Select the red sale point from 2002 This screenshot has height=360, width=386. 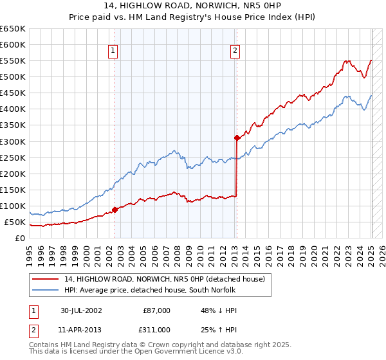(x=115, y=209)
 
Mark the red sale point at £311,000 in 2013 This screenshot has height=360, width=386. (x=237, y=138)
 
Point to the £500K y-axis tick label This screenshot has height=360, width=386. (x=14, y=77)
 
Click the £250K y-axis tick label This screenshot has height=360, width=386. (x=14, y=157)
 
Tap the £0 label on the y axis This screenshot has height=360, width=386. (x=20, y=239)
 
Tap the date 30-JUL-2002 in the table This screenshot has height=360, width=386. (x=81, y=310)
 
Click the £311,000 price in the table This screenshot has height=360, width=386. (x=156, y=330)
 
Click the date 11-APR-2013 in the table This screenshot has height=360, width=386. (x=81, y=330)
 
